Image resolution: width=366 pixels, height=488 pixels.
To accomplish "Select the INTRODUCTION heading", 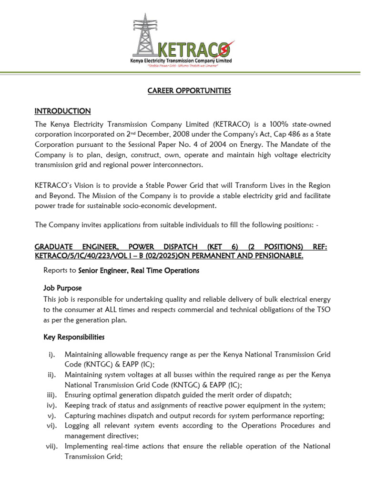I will click(x=62, y=111).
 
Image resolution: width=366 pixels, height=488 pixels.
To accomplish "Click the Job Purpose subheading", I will click(x=62, y=288).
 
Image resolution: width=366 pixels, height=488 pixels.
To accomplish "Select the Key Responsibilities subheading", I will click(x=74, y=337).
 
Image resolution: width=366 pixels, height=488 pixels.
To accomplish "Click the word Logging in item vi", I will click(x=78, y=426).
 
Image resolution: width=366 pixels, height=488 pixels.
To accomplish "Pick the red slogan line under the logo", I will click(x=183, y=66).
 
